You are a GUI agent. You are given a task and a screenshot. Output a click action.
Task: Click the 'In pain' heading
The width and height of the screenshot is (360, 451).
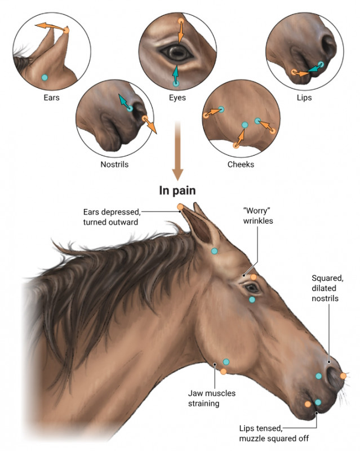(177, 191)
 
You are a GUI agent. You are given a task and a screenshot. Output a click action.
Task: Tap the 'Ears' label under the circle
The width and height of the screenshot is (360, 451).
(51, 98)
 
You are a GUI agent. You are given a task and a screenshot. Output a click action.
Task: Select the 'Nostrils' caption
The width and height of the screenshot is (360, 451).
(114, 165)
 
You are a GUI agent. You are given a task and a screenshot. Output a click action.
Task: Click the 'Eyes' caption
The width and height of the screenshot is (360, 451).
(177, 98)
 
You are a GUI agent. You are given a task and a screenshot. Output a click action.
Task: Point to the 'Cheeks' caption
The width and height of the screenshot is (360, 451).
(241, 165)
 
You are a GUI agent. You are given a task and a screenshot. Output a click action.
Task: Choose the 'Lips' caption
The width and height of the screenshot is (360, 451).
(304, 98)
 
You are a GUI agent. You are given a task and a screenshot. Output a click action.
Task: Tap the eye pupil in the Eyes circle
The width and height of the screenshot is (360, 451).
(177, 52)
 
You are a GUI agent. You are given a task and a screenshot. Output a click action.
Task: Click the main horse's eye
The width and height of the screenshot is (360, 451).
(252, 288)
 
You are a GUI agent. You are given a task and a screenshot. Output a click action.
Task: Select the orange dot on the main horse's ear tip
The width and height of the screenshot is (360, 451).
(180, 206)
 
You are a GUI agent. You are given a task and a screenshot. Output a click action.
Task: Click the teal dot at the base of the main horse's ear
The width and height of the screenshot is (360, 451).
(214, 251)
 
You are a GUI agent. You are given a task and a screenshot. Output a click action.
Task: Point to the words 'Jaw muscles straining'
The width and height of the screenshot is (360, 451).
(212, 398)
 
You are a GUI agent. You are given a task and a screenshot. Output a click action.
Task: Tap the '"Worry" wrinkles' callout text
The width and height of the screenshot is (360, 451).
(258, 216)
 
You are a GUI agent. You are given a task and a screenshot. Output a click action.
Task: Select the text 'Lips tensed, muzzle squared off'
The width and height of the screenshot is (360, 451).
(274, 434)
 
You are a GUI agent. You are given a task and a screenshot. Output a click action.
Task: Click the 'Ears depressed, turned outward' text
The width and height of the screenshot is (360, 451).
(112, 217)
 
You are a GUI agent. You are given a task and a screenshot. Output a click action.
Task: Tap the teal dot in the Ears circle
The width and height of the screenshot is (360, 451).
(45, 77)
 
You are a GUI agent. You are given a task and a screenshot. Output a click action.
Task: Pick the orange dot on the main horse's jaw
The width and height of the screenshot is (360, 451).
(224, 372)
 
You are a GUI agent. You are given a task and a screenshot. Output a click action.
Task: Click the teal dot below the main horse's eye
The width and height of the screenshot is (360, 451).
(252, 300)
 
